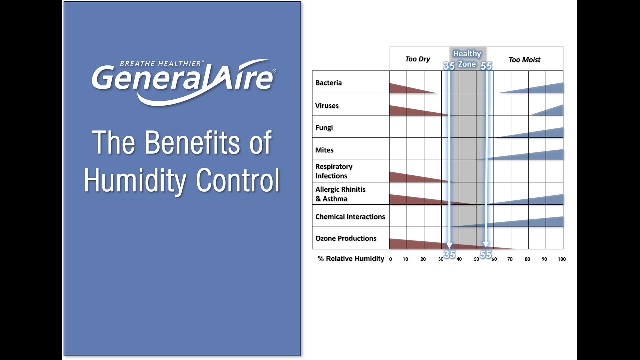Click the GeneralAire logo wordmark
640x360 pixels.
pyautogui.click(x=182, y=80)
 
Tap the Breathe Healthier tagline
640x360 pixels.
pyautogui.click(x=162, y=63)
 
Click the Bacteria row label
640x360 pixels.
pyautogui.click(x=328, y=83)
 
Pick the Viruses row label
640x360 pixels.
pyautogui.click(x=327, y=106)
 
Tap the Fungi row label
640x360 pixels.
pyautogui.click(x=324, y=127)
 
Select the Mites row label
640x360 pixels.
pyautogui.click(x=324, y=150)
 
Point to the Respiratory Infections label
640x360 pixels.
pyautogui.click(x=334, y=171)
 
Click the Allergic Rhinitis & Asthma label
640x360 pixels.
pyautogui.click(x=340, y=194)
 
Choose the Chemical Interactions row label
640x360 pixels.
pyautogui.click(x=350, y=217)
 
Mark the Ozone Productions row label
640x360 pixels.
pyautogui.click(x=346, y=238)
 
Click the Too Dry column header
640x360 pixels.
pyautogui.click(x=417, y=59)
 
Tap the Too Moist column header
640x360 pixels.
pyautogui.click(x=524, y=60)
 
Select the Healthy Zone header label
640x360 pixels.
pyautogui.click(x=467, y=59)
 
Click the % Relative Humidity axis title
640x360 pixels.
pyautogui.click(x=351, y=259)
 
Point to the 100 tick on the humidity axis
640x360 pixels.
pyautogui.click(x=562, y=259)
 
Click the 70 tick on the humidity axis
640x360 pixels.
pyautogui.click(x=510, y=259)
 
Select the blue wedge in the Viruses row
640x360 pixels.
pyautogui.click(x=553, y=111)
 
